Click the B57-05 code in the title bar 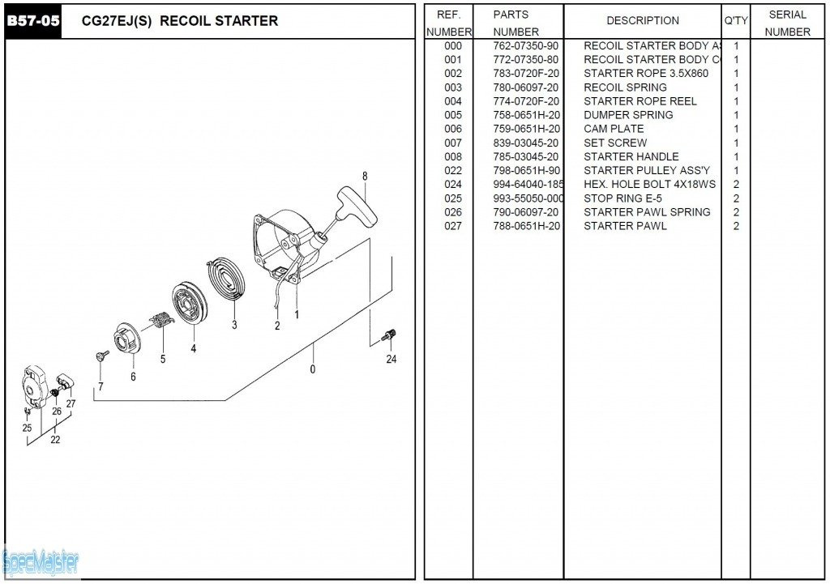[33, 21]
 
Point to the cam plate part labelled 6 [129, 338]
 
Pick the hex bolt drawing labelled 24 [389, 334]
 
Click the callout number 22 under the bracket [55, 441]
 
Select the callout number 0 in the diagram [313, 369]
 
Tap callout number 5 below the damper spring [163, 359]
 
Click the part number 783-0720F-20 [525, 74]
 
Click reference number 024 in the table [453, 185]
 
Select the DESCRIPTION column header [643, 21]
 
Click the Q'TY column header [736, 21]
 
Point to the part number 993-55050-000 [528, 198]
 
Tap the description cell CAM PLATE [614, 129]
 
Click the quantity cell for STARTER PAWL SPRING [736, 212]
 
